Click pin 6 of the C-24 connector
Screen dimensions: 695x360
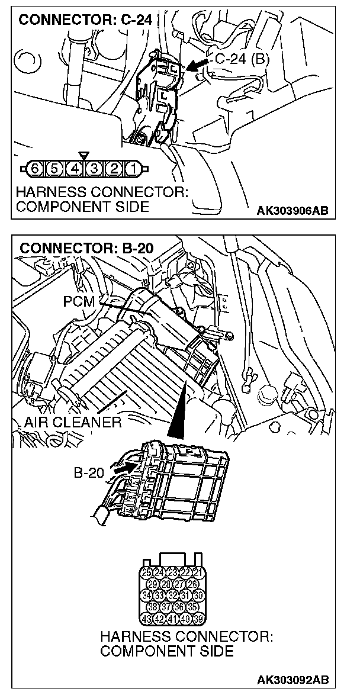tap(35, 169)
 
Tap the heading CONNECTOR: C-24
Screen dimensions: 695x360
tap(86, 20)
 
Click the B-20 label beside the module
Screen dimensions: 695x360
tap(89, 473)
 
